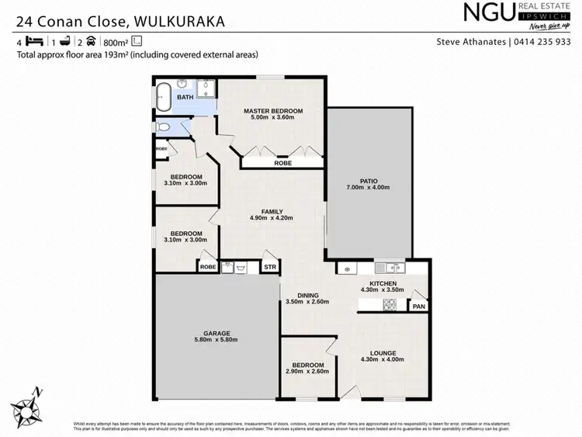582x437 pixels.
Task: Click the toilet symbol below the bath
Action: click(x=162, y=127)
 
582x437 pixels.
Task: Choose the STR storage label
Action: click(x=270, y=267)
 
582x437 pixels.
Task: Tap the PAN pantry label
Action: click(x=419, y=307)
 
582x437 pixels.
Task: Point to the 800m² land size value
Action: click(x=115, y=42)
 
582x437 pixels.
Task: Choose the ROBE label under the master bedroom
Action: click(x=282, y=164)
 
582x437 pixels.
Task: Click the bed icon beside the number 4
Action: click(x=33, y=42)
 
